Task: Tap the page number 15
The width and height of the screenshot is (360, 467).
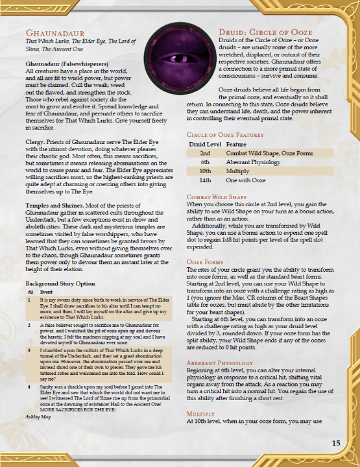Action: click(x=336, y=444)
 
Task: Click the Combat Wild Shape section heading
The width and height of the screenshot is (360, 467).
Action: click(x=216, y=197)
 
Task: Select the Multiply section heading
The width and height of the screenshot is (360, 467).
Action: click(x=200, y=413)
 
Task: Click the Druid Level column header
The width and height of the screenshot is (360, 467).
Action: click(x=205, y=144)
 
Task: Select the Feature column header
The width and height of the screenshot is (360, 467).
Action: click(x=237, y=144)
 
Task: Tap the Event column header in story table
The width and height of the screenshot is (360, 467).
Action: click(x=45, y=292)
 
